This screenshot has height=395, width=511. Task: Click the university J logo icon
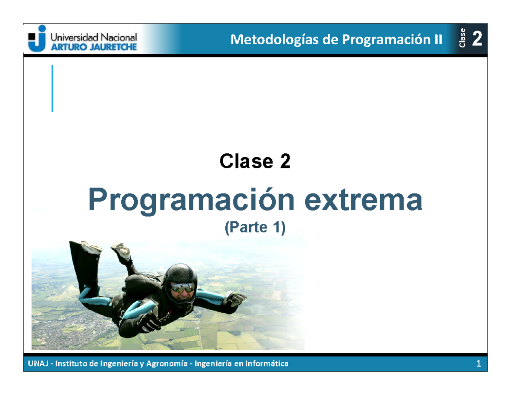(37, 38)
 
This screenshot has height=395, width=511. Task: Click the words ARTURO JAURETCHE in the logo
(94, 47)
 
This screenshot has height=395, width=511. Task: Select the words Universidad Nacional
(94, 37)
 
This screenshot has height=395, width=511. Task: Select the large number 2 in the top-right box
(477, 39)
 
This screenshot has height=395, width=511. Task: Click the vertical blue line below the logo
(52, 89)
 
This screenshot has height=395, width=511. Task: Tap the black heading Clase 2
(255, 161)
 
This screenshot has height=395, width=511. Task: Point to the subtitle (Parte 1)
(255, 228)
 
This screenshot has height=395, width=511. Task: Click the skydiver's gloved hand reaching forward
(149, 320)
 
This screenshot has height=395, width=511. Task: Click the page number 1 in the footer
(479, 364)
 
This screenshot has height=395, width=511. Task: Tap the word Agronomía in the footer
(167, 364)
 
